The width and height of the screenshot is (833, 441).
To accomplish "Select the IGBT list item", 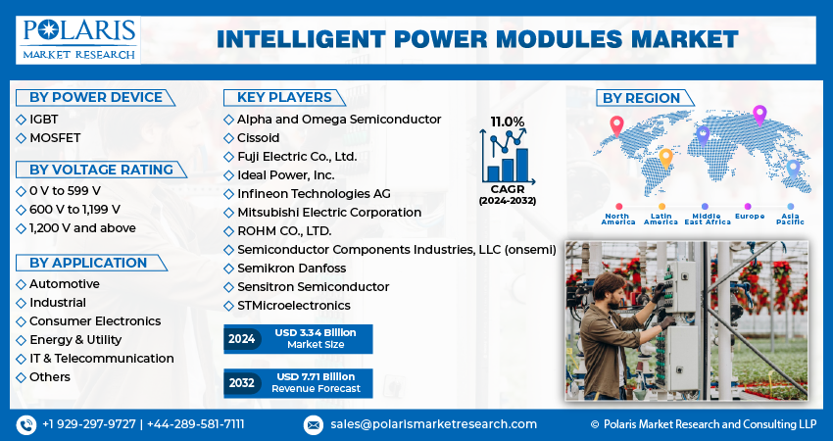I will click(x=44, y=119).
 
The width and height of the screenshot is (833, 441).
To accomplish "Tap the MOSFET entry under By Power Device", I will click(x=55, y=137).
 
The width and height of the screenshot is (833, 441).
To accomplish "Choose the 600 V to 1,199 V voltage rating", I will click(x=74, y=210).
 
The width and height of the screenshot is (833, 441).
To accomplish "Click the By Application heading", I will click(x=88, y=263).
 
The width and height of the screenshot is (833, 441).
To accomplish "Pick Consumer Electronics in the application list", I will click(x=95, y=320).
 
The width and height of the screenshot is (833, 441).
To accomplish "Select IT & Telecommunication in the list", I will click(x=101, y=358).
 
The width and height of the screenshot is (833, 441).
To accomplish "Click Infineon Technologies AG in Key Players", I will click(x=314, y=193).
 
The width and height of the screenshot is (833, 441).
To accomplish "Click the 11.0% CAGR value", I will click(x=508, y=122).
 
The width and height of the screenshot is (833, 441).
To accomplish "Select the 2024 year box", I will click(x=242, y=338).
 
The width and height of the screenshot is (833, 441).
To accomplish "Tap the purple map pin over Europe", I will click(x=759, y=114).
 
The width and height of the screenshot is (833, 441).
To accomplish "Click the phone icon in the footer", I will click(x=25, y=424).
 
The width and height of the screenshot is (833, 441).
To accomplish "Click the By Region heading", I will click(x=641, y=98).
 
